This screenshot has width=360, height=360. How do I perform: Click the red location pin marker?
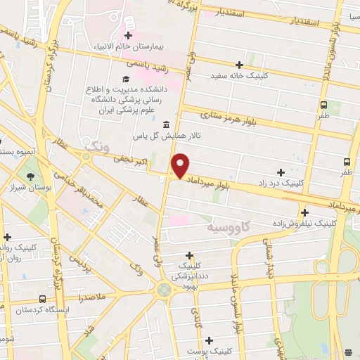[x=181, y=166]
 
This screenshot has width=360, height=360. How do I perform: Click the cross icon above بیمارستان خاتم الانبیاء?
[x=128, y=36]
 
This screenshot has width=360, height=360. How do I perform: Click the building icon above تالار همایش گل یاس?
[x=166, y=125]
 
